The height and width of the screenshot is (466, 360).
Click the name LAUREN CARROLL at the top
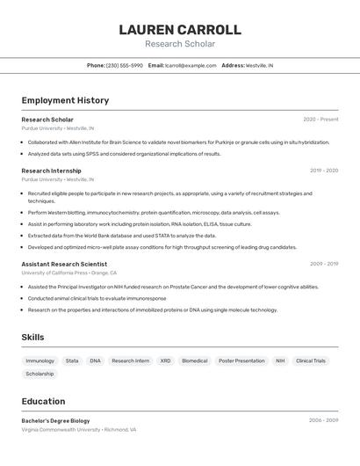coord(180,30)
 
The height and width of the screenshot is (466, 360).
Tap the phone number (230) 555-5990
coord(124,65)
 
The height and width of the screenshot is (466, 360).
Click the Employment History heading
coord(65,100)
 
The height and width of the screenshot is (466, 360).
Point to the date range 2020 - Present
coord(320,120)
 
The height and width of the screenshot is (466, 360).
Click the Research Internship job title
coord(51,171)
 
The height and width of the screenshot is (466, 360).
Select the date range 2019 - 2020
coord(323,171)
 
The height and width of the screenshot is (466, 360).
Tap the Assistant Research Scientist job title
coord(64,264)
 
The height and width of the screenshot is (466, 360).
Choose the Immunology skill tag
coord(40,360)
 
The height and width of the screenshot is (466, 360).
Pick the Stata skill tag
coord(72,360)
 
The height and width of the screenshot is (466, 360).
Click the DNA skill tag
coord(95,360)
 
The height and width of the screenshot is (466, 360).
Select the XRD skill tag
coord(165,360)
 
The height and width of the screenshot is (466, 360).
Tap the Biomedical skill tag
coord(195,360)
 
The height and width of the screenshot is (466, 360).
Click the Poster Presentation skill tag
coord(241,360)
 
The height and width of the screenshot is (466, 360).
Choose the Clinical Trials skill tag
coord(311,360)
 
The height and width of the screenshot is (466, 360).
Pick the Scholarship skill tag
coord(40,374)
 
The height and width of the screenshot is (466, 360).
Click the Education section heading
coord(43,401)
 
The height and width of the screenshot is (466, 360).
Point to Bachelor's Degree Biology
coord(55,420)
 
